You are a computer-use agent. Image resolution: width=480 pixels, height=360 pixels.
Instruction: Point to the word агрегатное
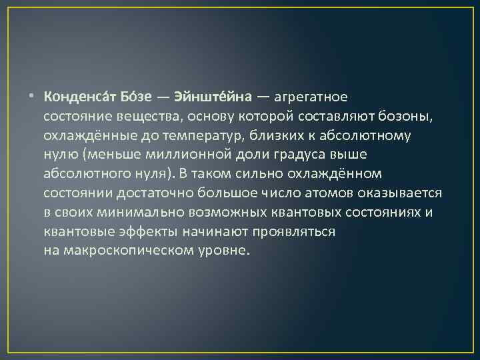point(309,97)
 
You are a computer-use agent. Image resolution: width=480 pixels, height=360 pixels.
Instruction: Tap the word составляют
point(333,116)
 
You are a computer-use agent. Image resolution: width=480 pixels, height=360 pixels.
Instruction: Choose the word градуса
point(303,155)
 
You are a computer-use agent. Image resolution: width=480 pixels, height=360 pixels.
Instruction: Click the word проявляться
point(295,232)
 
